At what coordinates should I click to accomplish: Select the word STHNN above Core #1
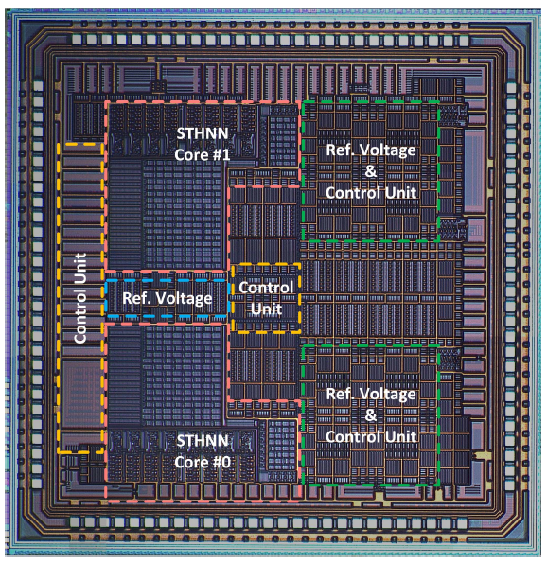pos(203,133)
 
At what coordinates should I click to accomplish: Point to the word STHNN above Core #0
pos(203,441)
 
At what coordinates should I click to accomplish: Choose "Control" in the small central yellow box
pos(266,288)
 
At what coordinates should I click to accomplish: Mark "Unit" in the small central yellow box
pos(266,308)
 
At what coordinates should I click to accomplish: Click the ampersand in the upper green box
pos(371,171)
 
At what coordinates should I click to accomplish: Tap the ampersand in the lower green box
pos(371,415)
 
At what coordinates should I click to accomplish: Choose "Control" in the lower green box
pos(354,436)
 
